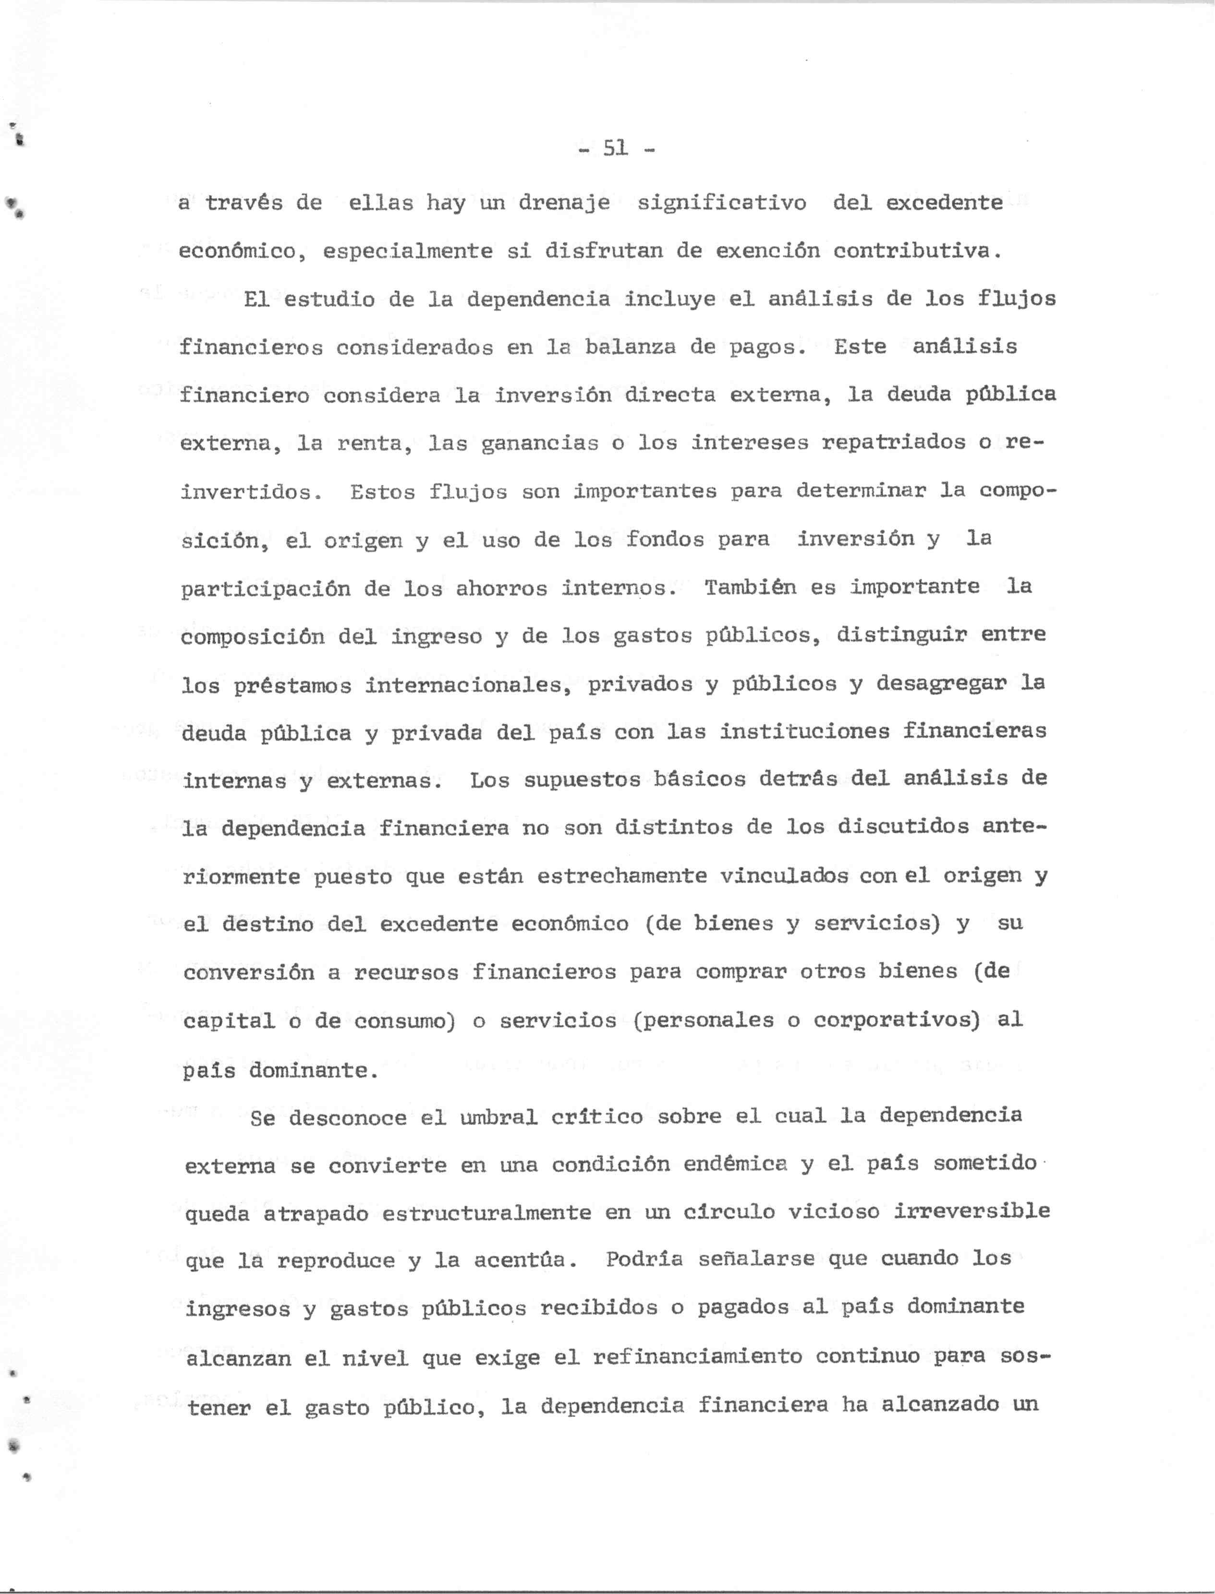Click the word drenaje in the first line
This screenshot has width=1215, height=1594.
[564, 203]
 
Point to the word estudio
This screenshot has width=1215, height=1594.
[329, 300]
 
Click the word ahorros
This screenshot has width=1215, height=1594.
[501, 588]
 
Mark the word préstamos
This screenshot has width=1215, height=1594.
[292, 684]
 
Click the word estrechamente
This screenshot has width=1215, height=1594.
[622, 876]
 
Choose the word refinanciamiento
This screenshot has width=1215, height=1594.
[697, 1356]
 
